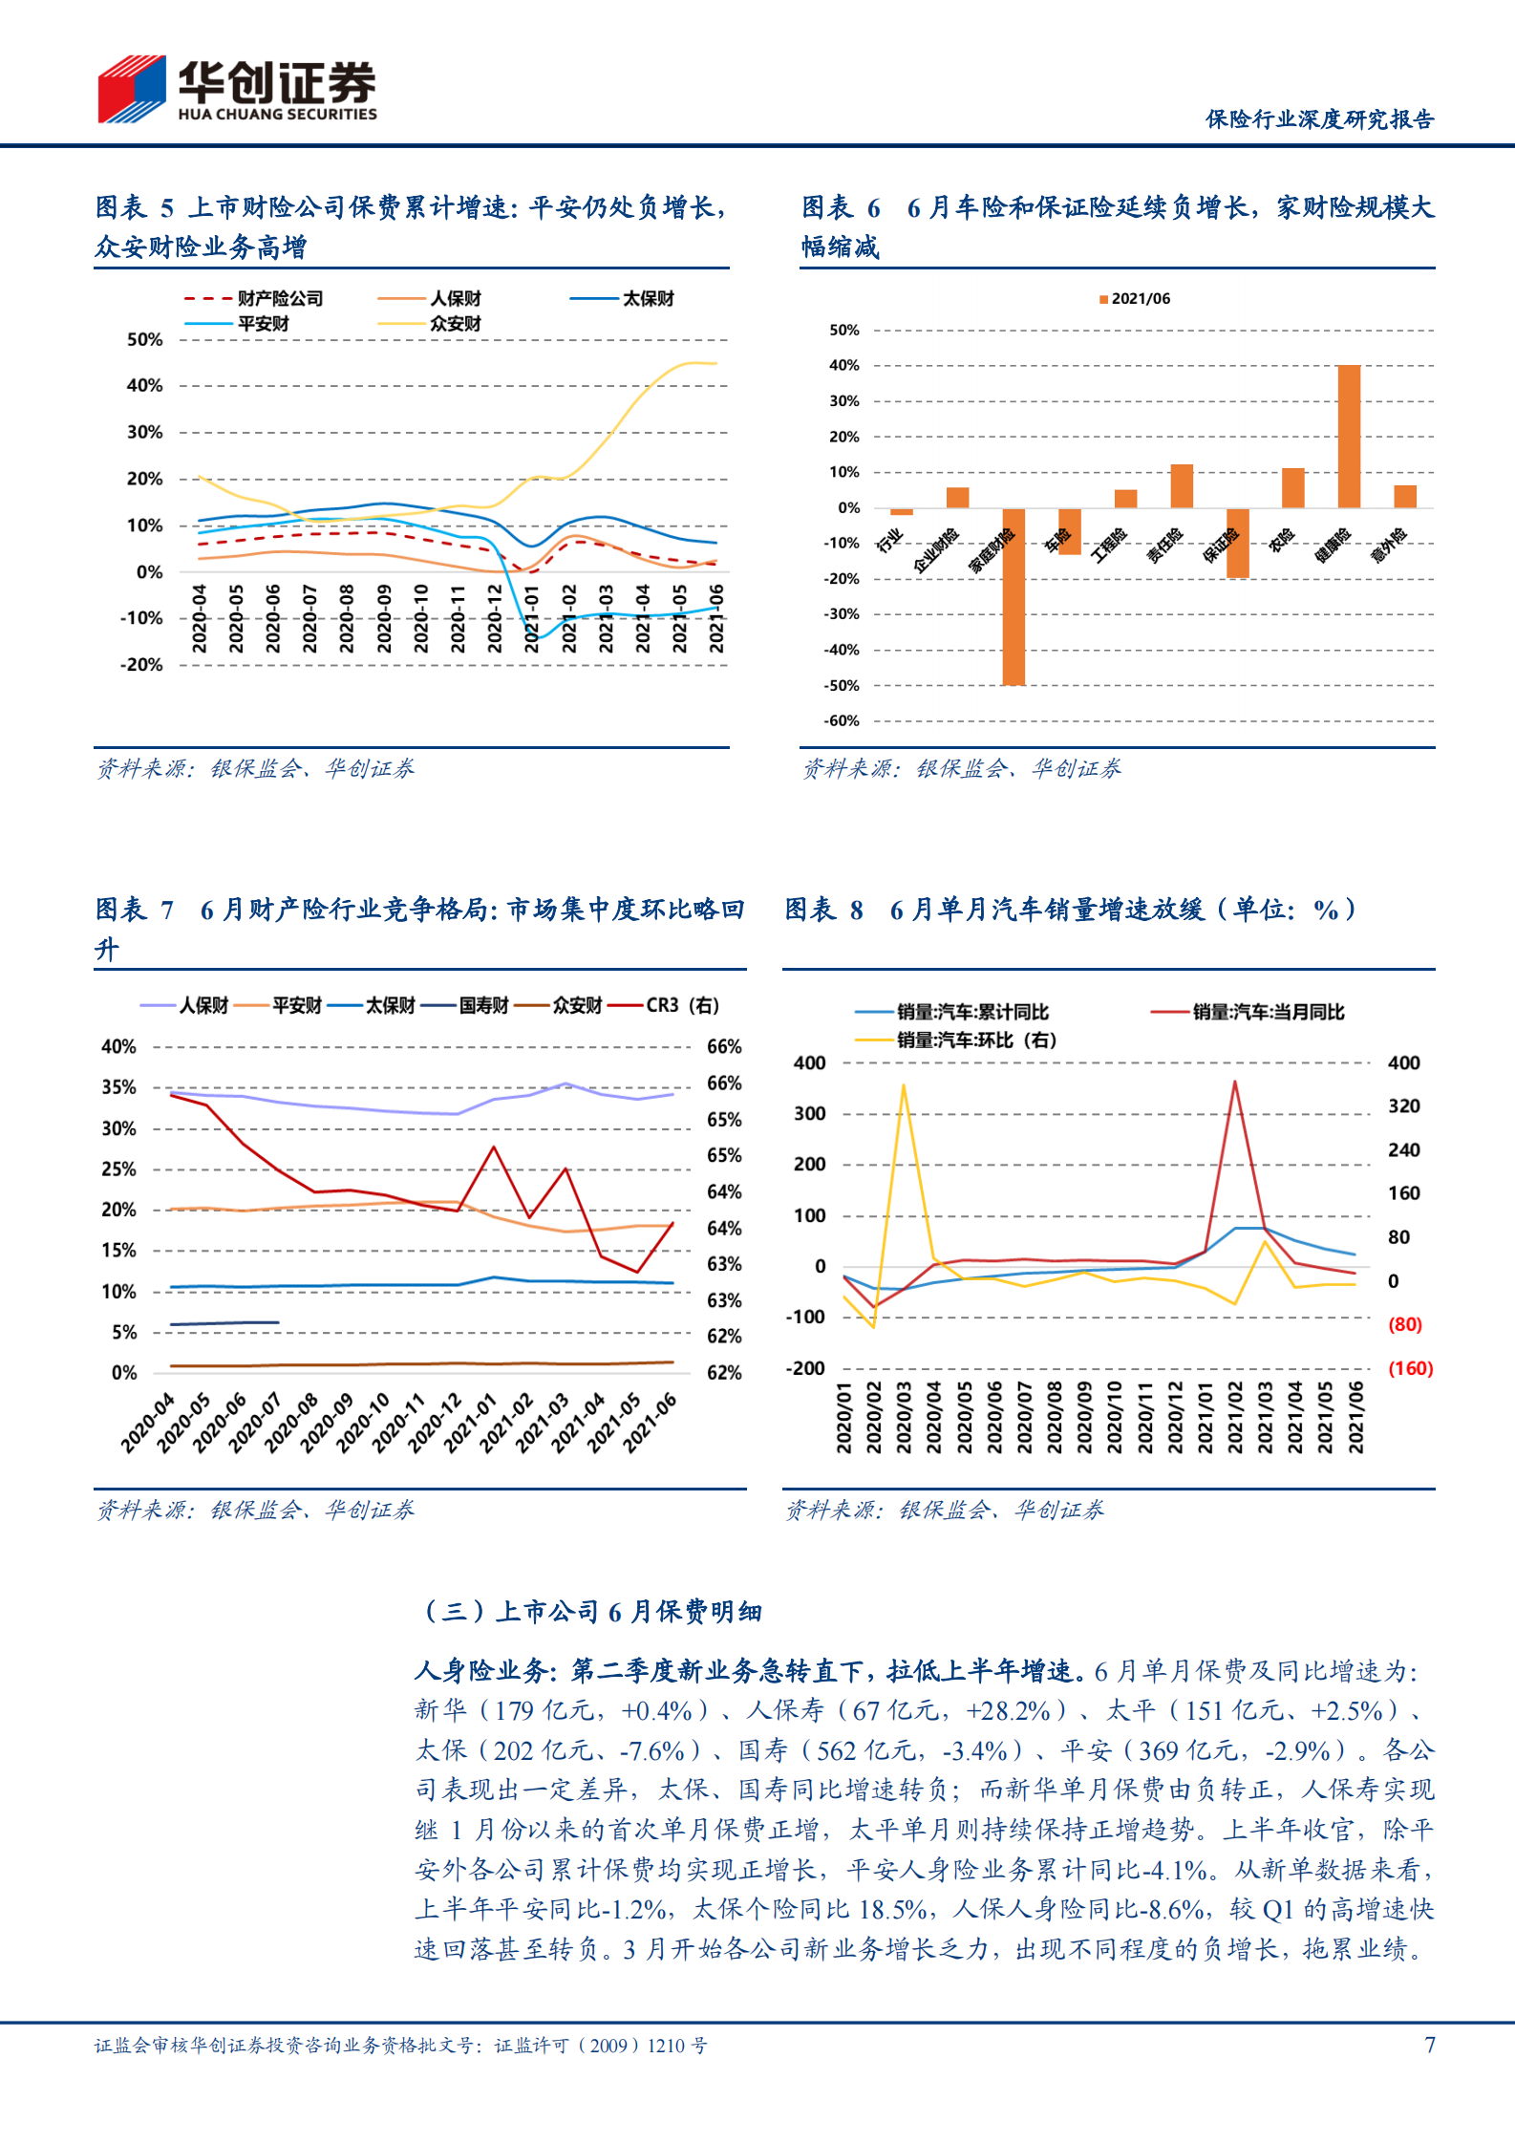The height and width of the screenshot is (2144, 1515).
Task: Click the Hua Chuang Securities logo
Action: point(237,88)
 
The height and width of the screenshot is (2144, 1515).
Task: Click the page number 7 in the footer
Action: point(1429,2044)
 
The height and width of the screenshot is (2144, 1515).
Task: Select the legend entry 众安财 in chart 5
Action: point(455,324)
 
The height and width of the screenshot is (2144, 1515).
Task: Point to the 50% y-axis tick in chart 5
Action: point(144,339)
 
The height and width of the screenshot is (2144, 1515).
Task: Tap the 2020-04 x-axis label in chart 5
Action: point(199,619)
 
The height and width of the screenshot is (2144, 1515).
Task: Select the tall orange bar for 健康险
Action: point(1348,436)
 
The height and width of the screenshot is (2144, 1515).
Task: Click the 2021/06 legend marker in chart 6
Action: point(1103,299)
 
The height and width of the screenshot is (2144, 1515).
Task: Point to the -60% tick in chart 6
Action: point(842,721)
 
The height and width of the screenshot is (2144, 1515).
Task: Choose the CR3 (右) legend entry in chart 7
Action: point(681,1005)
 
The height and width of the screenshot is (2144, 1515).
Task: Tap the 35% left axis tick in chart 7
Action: point(118,1087)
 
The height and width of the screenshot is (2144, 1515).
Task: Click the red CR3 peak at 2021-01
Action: point(494,1147)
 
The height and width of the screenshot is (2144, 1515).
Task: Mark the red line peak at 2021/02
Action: point(1234,1082)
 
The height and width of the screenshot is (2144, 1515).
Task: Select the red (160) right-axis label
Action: point(1410,1368)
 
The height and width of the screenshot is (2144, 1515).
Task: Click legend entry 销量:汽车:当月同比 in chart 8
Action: point(1267,1012)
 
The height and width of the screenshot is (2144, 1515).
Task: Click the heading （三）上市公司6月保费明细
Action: point(591,1612)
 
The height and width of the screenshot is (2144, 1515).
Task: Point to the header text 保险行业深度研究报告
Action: point(1319,119)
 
